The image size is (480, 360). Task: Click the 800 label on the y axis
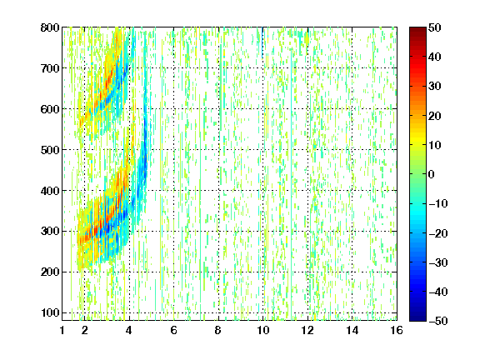tap(50, 27)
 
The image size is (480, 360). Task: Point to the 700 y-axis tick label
tap(50, 68)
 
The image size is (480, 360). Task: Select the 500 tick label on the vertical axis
tap(50, 150)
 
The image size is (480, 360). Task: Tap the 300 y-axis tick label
tap(50, 231)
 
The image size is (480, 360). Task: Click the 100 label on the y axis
tap(50, 312)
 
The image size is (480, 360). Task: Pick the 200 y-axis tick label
tap(50, 272)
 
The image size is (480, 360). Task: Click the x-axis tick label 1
tap(62, 330)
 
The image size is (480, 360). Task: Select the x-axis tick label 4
tap(129, 330)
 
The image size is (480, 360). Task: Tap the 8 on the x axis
tap(217, 330)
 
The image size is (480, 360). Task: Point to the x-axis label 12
tap(307, 330)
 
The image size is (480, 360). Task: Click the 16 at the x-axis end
tap(397, 330)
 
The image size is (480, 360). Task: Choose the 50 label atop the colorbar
tap(434, 27)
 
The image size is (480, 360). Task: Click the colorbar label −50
tap(438, 321)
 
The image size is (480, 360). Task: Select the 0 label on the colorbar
tap(432, 174)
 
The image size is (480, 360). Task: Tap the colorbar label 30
tap(434, 87)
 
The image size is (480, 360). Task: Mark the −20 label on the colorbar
tap(438, 233)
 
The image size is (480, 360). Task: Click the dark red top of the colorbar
tap(417, 31)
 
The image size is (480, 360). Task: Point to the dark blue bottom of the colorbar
tap(417, 317)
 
